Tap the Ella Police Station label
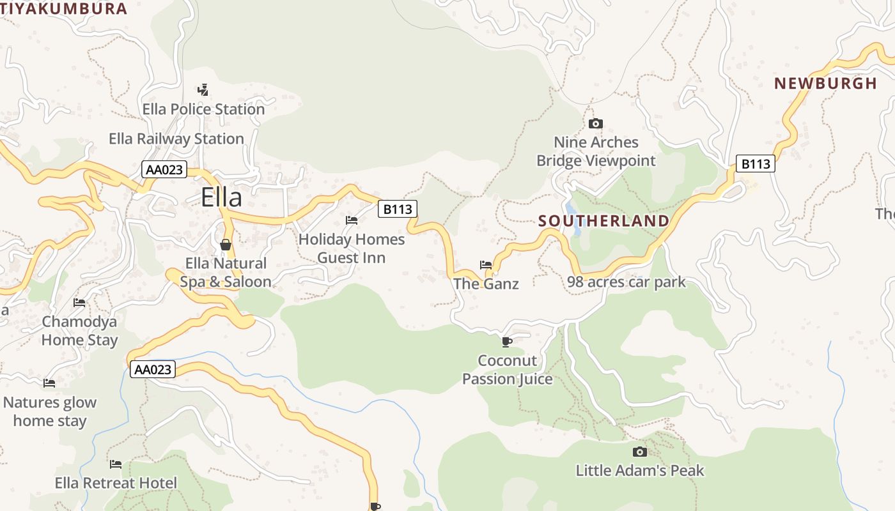tap(203, 109)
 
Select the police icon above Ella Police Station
tap(203, 89)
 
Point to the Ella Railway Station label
tap(176, 139)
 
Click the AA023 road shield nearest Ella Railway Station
tap(164, 170)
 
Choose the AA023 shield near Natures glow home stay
tap(153, 369)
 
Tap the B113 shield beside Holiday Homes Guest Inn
tap(398, 209)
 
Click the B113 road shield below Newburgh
tap(755, 164)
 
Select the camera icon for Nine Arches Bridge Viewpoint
tap(596, 123)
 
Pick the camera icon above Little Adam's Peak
tap(639, 452)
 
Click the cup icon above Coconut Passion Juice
tap(507, 342)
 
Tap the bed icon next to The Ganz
tap(486, 264)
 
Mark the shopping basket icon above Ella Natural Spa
tap(225, 245)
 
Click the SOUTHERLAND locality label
tap(603, 221)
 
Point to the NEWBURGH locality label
tap(825, 84)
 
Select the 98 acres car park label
tap(626, 282)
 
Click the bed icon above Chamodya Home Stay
tap(79, 302)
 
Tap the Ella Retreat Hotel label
tap(116, 483)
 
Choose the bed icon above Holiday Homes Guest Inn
tap(352, 220)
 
